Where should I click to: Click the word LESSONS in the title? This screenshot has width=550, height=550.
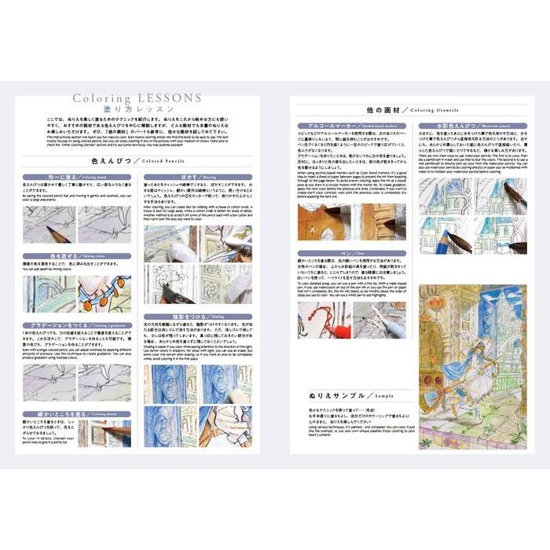tap(168, 98)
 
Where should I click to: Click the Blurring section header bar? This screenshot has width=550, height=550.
tap(197, 177)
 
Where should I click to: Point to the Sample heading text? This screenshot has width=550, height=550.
tap(362, 395)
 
